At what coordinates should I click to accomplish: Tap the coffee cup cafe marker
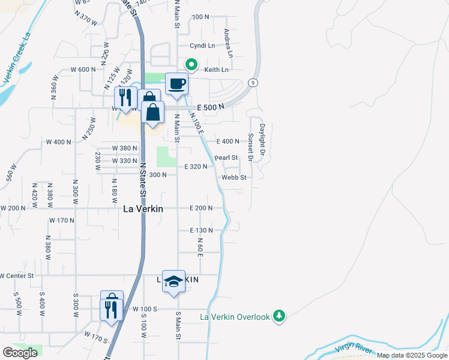(x=176, y=84)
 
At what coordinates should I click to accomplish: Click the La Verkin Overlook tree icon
(x=279, y=316)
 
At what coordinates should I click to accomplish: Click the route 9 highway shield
(x=255, y=83)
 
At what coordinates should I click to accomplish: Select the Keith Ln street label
(x=217, y=70)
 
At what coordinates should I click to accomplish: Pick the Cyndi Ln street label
(x=202, y=46)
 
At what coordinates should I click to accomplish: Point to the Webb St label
(x=234, y=178)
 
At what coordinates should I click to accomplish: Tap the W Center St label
(x=16, y=275)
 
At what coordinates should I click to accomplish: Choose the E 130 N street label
(x=202, y=230)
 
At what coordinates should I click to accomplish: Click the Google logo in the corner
(x=20, y=353)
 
